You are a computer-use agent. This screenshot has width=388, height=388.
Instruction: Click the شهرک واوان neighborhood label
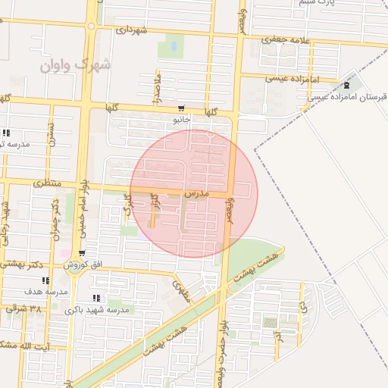coord(76,65)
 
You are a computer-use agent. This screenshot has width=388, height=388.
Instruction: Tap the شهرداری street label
coord(130,30)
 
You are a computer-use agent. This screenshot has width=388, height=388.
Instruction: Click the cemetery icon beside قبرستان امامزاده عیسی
coord(346,85)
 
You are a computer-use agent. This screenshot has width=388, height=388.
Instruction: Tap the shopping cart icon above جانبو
coord(181,109)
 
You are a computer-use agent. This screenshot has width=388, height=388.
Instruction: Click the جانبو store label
coord(181,120)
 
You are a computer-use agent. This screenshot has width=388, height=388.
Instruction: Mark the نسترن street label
coord(51,135)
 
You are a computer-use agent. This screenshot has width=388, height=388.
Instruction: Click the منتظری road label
coord(47,184)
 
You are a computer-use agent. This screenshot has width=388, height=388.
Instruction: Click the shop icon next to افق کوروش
coord(82,253)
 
